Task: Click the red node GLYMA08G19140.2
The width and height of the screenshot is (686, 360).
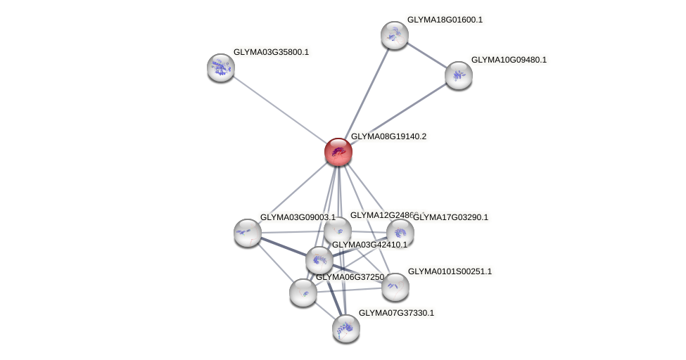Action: pos(338,151)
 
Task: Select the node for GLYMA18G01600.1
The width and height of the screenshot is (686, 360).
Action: pos(394,35)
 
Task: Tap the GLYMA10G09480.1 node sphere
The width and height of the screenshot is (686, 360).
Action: pos(458,75)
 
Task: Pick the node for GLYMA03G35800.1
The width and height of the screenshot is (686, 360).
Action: pos(220,67)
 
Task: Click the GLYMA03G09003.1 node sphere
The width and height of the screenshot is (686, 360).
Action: pos(247,232)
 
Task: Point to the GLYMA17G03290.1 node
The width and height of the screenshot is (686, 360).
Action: pos(400,233)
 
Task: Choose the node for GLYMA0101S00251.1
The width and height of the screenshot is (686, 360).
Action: pos(395,286)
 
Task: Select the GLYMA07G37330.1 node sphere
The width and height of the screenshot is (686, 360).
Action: pos(345,328)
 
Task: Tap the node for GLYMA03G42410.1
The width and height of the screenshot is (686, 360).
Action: pos(319,260)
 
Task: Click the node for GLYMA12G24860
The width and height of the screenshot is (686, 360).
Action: pos(338,230)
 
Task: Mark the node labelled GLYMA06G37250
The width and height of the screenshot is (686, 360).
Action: pos(303,292)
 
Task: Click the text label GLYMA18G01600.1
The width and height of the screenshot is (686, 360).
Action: pos(445,20)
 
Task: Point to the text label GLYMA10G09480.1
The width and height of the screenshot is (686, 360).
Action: pos(509,60)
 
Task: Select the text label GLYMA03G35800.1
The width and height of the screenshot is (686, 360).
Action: pos(271,52)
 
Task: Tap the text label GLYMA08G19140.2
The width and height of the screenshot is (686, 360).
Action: pos(388,136)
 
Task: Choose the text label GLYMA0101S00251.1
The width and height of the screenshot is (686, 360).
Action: pos(450,271)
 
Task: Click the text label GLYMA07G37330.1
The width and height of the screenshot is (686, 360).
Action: pos(396,313)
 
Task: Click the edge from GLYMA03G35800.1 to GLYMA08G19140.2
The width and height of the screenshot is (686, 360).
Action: pos(279,109)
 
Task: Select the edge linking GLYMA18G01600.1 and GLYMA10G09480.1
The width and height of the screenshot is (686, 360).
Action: pos(426,55)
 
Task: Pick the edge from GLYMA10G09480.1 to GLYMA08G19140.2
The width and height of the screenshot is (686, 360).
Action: pos(398,113)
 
